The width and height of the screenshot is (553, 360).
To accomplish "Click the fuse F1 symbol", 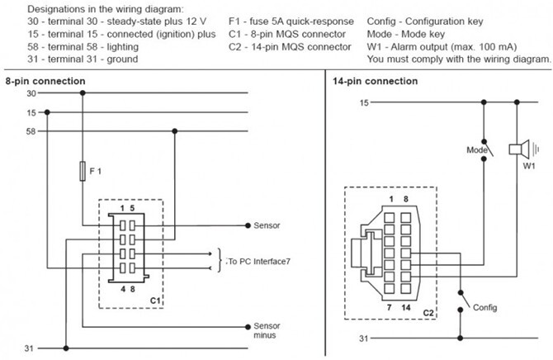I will tap(82, 172).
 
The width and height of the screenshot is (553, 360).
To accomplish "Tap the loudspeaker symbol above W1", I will tap(518, 149).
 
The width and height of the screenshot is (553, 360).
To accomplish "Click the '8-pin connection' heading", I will tap(45, 81).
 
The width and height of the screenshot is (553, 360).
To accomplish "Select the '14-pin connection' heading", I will tap(376, 81).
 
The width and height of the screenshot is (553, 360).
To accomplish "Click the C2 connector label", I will tap(428, 314).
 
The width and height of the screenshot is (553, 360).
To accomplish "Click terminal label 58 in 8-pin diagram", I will tap(31, 131).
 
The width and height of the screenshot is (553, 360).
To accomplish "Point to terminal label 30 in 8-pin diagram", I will tap(31, 93).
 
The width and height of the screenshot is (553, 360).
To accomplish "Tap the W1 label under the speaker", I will tap(529, 166).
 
